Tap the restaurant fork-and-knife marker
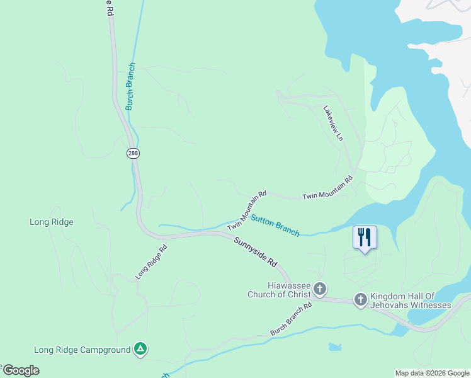point(365,238)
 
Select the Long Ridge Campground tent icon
point(140,350)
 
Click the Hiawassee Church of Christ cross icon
point(320,290)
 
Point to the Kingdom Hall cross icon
point(361,300)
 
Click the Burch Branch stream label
point(130,86)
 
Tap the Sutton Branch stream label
point(275,225)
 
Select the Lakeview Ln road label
point(334,123)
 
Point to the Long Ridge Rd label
point(151,262)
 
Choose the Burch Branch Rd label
point(291,319)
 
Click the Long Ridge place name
point(52,222)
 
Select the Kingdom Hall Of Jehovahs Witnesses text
point(411,301)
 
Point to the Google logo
point(21,370)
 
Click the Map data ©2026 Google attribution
point(431,373)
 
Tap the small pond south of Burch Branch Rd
point(335,346)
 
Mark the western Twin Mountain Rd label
point(247,210)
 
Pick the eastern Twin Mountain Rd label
point(327,188)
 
